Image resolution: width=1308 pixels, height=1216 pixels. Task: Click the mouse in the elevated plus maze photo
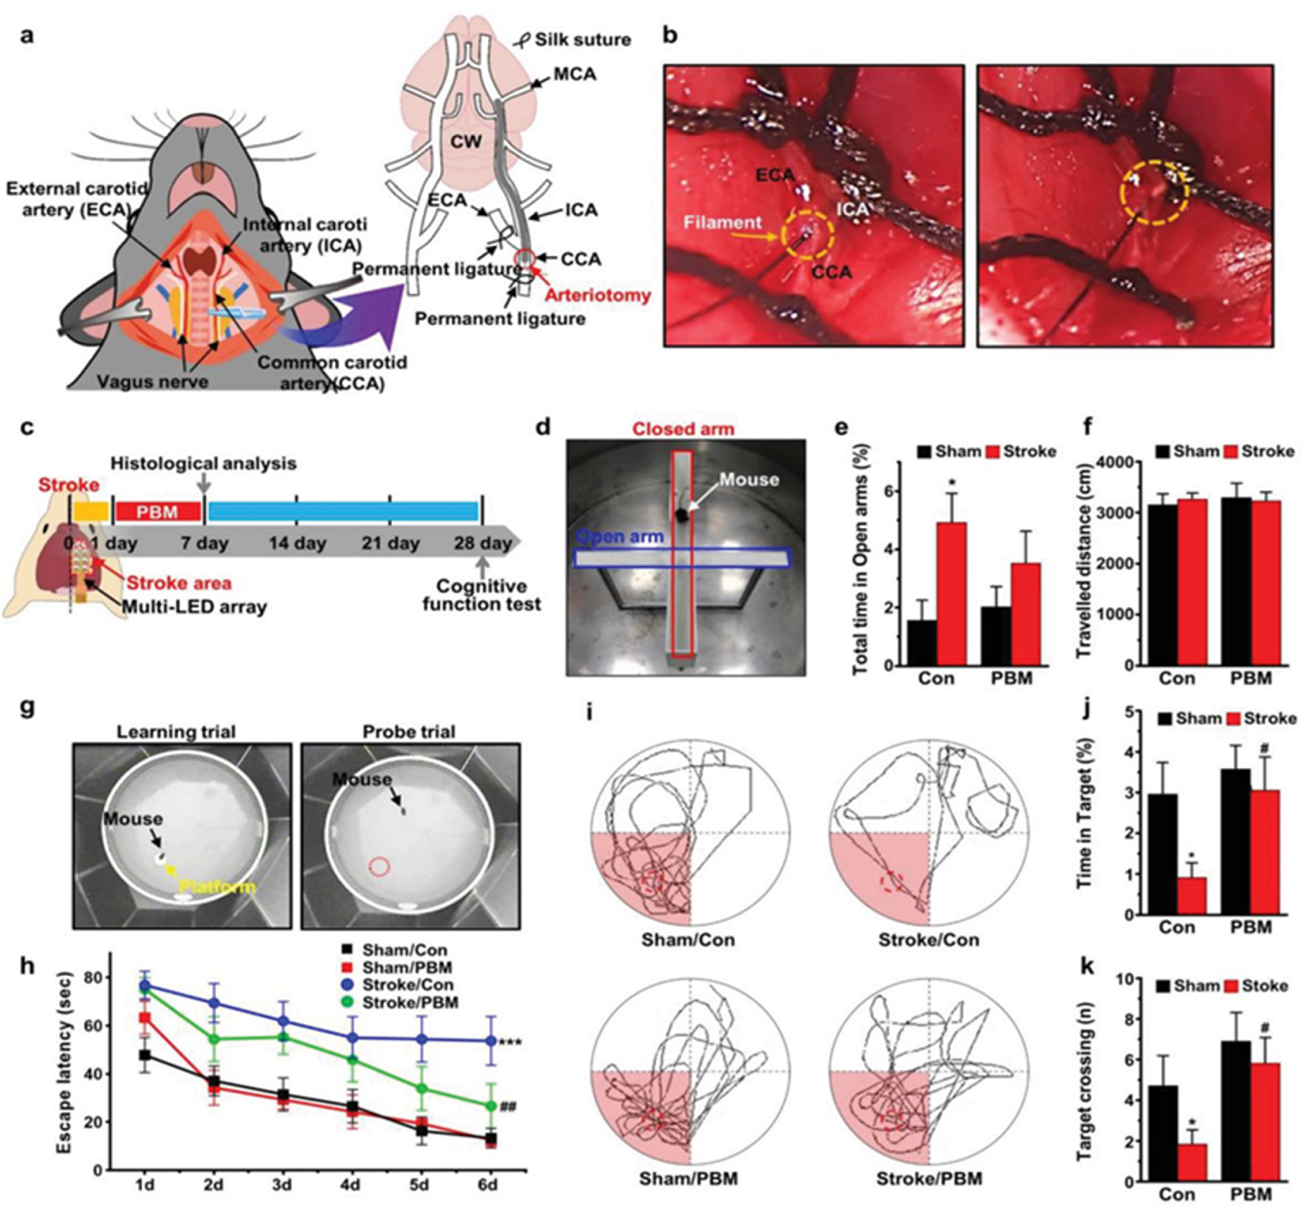[x=684, y=515]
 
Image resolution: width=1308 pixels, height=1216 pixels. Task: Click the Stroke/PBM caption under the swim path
[x=928, y=1178]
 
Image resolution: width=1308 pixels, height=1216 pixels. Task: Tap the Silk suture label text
[x=582, y=40]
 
